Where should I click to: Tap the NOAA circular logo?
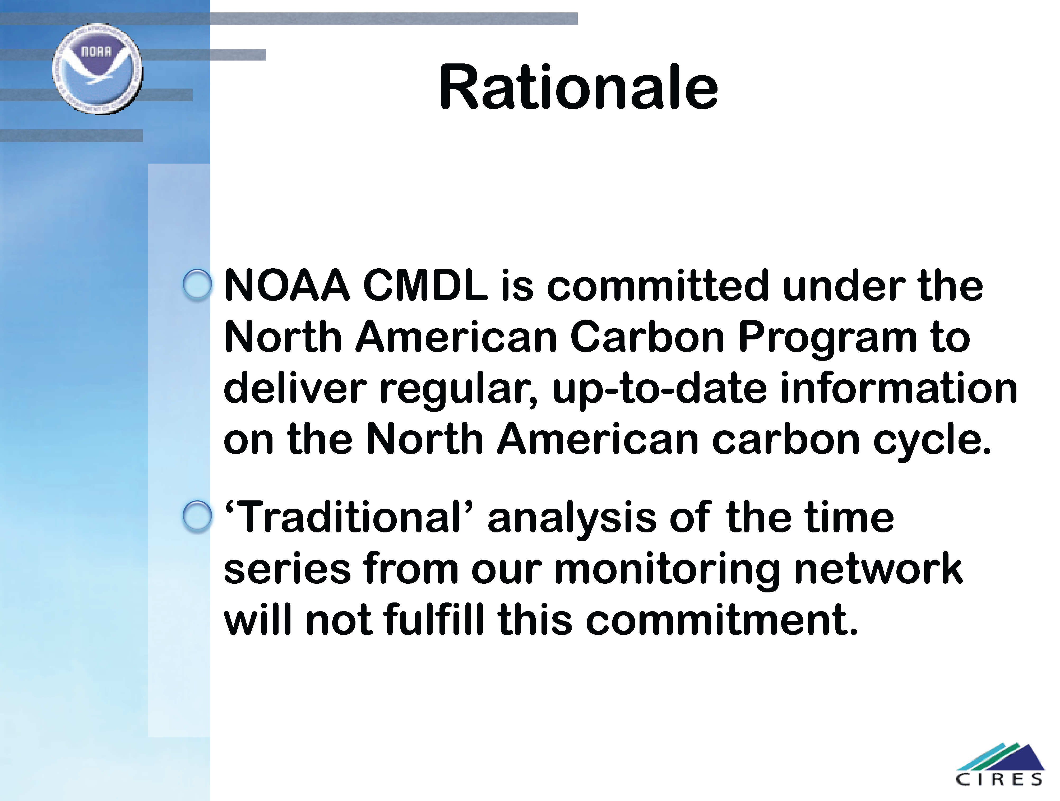(97, 69)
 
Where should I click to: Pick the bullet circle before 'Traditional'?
(197, 517)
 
